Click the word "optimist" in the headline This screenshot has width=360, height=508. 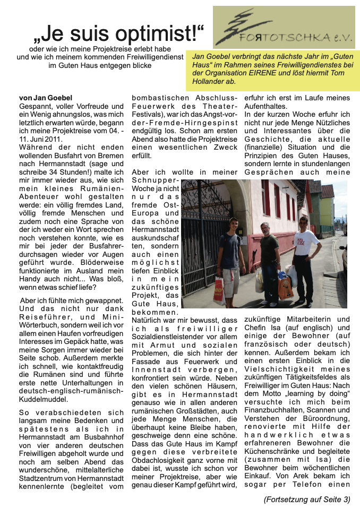155,35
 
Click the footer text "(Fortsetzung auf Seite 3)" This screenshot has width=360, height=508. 307,499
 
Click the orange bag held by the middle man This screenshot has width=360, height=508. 285,287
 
